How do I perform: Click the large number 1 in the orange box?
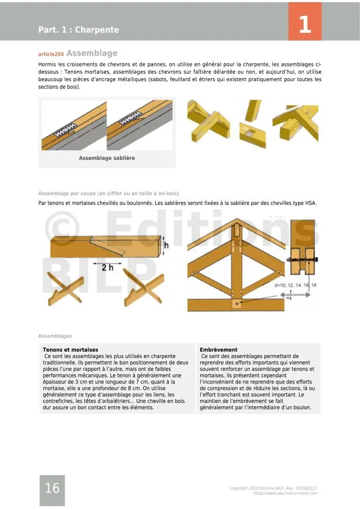coord(304,25)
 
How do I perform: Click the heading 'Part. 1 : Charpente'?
coord(79,30)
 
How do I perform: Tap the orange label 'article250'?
coord(51,54)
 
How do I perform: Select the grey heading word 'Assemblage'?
coord(92,53)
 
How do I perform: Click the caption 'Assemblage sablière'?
coord(107,158)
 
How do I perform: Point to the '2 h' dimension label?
coord(107,267)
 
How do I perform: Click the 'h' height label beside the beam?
coord(166,245)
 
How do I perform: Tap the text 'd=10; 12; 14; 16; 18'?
coord(295,285)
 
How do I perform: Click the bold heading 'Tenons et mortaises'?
coord(70,350)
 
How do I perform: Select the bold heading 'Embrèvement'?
coord(219,350)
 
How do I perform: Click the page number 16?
coord(52,489)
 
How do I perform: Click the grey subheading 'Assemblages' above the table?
coord(55,336)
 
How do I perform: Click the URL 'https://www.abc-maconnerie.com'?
coord(285,493)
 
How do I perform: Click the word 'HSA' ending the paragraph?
coord(310,203)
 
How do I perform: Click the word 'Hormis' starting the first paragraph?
coord(47,65)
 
